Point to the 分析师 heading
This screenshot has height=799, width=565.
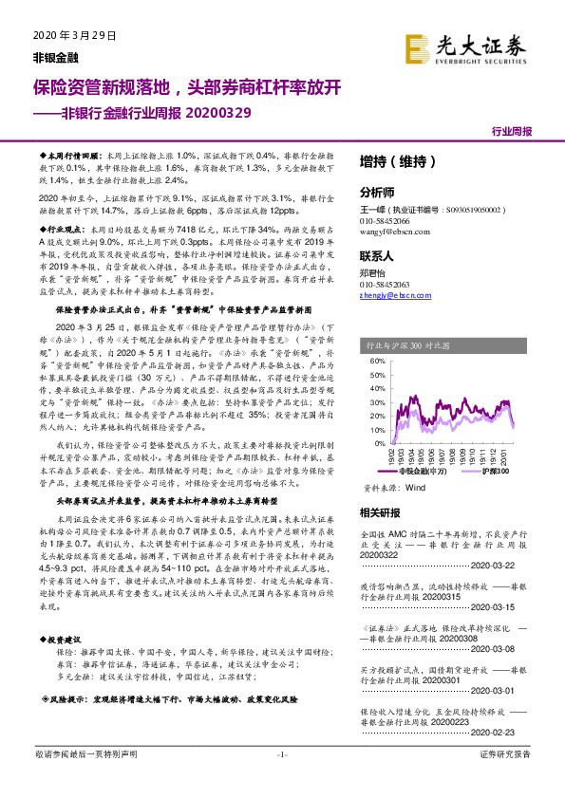pos(376,190)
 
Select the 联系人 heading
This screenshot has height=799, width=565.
pos(376,255)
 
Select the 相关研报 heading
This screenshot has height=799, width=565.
pos(380,513)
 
